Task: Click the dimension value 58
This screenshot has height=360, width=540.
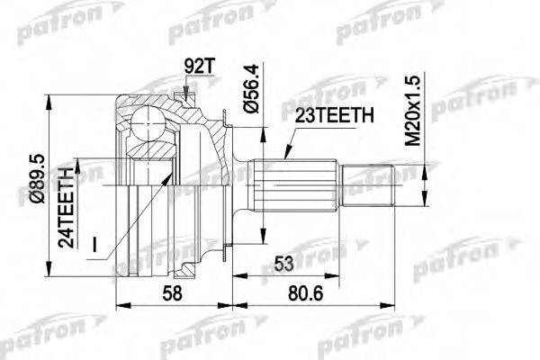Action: coord(172,292)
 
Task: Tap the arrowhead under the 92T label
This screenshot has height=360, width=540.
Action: coord(184,91)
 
